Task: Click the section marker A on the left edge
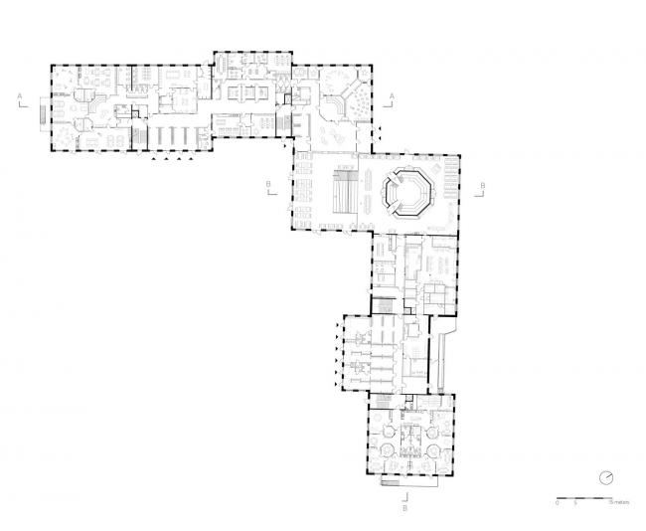pyautogui.click(x=18, y=95)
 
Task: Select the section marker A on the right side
pyautogui.click(x=394, y=95)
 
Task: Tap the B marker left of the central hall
pyautogui.click(x=268, y=186)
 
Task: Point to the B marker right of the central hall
pyautogui.click(x=482, y=186)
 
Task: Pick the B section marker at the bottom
pyautogui.click(x=405, y=507)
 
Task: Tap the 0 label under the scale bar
pyautogui.click(x=558, y=503)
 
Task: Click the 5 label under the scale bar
pyautogui.click(x=574, y=503)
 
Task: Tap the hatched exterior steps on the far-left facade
pyautogui.click(x=42, y=112)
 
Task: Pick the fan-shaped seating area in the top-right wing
pyautogui.click(x=345, y=99)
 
